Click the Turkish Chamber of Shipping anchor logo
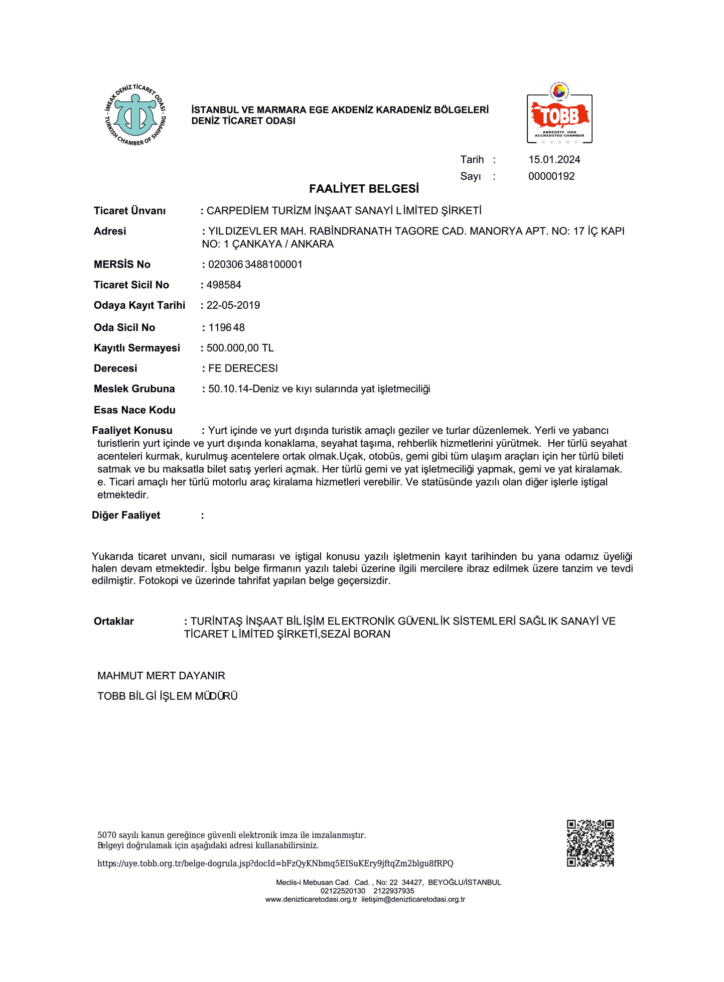135,115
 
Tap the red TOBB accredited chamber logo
559,115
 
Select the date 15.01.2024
554,160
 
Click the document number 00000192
551,176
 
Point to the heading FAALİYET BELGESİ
364,189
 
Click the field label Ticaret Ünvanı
129,211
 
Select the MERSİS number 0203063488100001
255,265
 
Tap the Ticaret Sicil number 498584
224,285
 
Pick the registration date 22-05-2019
233,305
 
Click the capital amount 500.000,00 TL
240,348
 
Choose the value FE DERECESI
243,369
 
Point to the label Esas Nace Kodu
134,410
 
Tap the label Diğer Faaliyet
126,515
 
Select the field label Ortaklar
114,622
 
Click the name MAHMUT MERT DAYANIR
161,676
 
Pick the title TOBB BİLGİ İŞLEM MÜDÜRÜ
168,696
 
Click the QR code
590,843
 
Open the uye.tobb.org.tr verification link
275,864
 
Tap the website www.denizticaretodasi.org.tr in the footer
311,899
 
